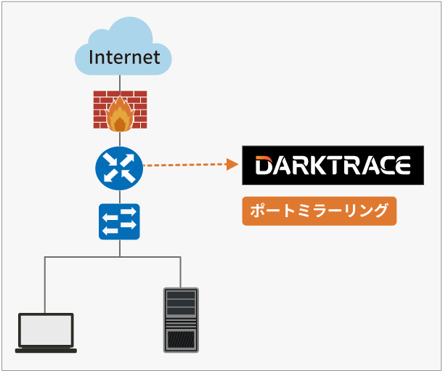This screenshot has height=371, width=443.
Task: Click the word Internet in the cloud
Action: [x=124, y=57]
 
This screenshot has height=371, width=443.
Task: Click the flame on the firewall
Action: [x=120, y=115]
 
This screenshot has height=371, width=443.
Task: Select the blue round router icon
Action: [x=119, y=168]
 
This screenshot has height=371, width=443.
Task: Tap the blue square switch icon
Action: [x=119, y=221]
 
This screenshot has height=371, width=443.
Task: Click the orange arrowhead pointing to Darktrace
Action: [x=232, y=164]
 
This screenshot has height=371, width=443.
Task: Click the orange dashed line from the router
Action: [x=185, y=165]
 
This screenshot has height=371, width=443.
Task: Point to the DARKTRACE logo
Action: [x=333, y=166]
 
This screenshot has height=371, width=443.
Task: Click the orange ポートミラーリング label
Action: [x=320, y=211]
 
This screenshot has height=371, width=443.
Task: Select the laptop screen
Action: [x=46, y=330]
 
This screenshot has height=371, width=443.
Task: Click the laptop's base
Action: [x=46, y=351]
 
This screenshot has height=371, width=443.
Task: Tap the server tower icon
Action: [x=181, y=320]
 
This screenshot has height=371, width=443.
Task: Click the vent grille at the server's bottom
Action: [x=181, y=339]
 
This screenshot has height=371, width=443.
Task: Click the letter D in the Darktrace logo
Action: [x=264, y=166]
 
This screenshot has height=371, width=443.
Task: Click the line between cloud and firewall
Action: [x=120, y=83]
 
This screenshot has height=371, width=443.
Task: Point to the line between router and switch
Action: [x=120, y=197]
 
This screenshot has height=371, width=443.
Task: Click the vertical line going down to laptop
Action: [x=44, y=285]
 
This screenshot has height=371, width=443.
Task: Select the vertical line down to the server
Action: [x=181, y=272]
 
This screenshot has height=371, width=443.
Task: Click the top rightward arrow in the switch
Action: [x=129, y=212]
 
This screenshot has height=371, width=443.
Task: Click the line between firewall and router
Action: [x=120, y=139]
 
